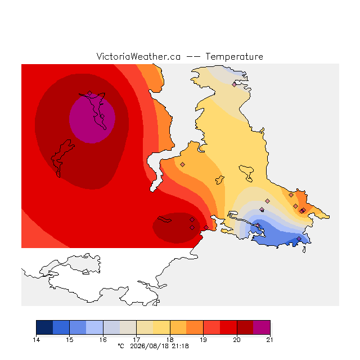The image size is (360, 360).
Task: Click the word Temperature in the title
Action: (x=234, y=56)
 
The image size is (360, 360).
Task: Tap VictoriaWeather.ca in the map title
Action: (x=138, y=56)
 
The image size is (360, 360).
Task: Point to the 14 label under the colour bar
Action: (x=36, y=340)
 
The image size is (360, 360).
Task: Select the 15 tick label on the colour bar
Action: (x=70, y=340)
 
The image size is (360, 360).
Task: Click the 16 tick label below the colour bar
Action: (x=103, y=340)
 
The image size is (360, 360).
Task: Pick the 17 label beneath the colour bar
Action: (x=136, y=340)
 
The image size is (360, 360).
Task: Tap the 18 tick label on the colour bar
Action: (x=170, y=340)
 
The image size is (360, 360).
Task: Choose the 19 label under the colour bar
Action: (x=203, y=340)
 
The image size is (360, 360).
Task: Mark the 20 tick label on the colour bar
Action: (x=237, y=340)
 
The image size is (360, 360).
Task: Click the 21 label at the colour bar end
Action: (x=270, y=340)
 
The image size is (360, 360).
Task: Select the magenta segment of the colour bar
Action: (x=262, y=327)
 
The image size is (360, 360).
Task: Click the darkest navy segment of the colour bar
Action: (x=44, y=327)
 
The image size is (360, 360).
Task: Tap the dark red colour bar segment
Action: (x=245, y=327)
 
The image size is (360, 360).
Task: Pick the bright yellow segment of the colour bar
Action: (x=161, y=327)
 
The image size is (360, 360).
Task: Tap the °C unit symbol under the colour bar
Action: (x=121, y=346)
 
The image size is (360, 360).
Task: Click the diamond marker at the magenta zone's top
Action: (x=90, y=93)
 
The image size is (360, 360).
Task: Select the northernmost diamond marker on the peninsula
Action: (x=234, y=84)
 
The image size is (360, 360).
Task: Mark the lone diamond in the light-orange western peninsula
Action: (x=182, y=164)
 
